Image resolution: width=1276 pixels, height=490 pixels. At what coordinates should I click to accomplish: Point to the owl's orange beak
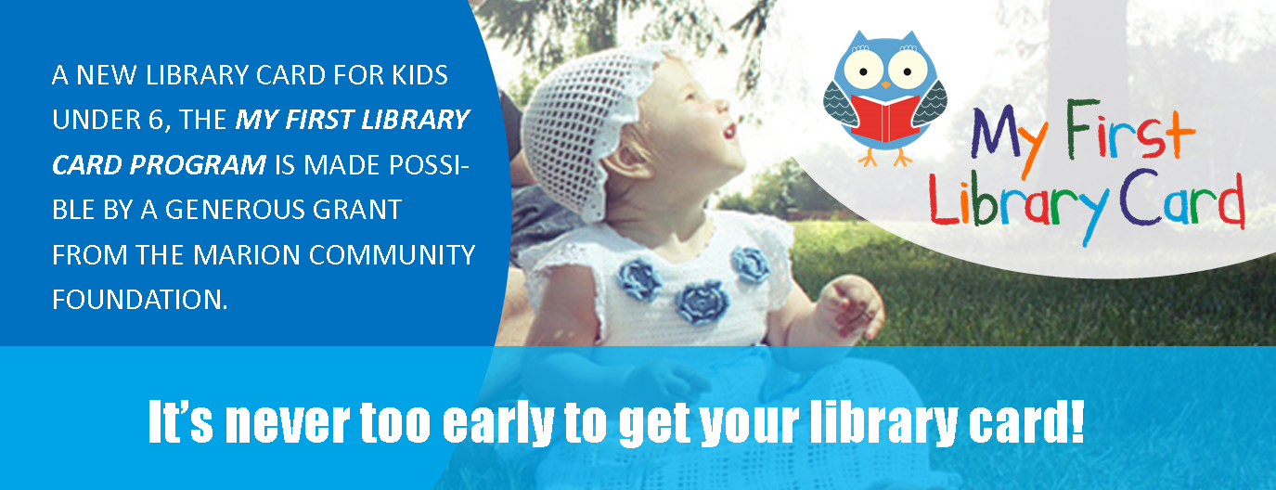885,84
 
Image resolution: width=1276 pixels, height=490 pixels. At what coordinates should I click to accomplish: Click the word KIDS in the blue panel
414,75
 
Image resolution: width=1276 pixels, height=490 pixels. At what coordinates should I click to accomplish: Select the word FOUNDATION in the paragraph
140,299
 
